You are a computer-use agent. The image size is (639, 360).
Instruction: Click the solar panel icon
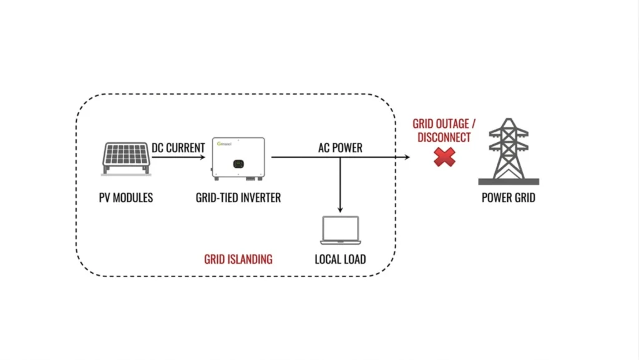coord(126,159)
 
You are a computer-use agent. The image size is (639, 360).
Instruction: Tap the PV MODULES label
coord(126,198)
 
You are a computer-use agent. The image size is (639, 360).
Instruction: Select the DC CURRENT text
coord(178,147)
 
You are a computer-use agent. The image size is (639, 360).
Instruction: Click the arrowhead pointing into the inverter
coord(203,157)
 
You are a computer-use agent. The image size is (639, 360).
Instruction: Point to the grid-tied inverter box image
coord(238,159)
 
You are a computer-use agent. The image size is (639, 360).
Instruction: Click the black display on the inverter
coord(238,163)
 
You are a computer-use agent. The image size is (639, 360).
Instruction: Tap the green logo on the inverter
coord(224,144)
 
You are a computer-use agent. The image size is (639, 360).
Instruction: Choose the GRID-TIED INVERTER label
coord(238,198)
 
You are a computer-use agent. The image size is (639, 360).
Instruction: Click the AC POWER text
coord(340,147)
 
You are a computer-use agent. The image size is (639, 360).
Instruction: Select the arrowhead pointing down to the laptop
coord(340,210)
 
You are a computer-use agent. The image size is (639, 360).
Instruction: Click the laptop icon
coord(340,230)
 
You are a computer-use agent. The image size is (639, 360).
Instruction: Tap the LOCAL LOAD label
coord(340,259)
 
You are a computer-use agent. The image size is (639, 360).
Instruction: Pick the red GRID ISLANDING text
coord(238,259)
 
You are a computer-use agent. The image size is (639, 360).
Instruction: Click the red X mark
coord(444,157)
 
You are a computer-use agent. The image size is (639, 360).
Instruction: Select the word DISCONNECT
coord(444,137)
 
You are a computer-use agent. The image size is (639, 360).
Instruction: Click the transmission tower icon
coord(509,152)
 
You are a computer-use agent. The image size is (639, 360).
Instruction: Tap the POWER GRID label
coord(509,198)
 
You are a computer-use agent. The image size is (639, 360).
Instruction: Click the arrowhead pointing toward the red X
coord(407,157)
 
